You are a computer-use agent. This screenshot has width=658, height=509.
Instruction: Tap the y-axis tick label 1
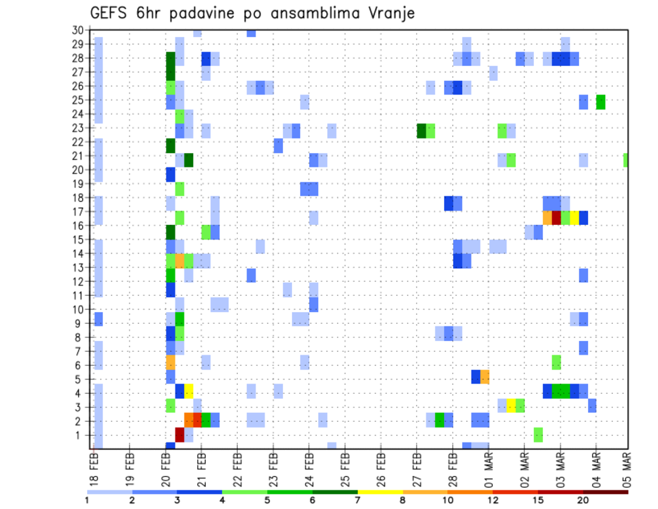point(80,435)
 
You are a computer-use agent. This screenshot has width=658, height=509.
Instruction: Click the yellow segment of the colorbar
point(380,492)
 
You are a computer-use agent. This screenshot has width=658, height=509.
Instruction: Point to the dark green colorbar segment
point(335,492)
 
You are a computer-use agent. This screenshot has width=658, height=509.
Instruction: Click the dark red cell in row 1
point(180,435)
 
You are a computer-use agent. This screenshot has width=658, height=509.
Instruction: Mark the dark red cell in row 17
point(557,217)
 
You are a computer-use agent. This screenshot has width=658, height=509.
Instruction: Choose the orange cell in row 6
point(171,362)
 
